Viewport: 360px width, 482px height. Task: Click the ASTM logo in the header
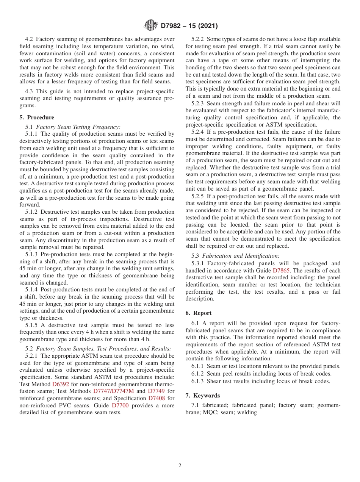[x=151, y=26]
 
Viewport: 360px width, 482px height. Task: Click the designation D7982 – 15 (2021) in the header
[x=189, y=26]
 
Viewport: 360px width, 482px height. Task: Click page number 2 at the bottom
[x=180, y=466]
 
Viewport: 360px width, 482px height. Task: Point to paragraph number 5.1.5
[x=32, y=325]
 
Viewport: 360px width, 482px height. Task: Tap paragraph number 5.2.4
[x=198, y=132]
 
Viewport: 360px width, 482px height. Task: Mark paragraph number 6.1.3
[x=198, y=381]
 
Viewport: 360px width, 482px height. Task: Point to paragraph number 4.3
[x=30, y=92]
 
